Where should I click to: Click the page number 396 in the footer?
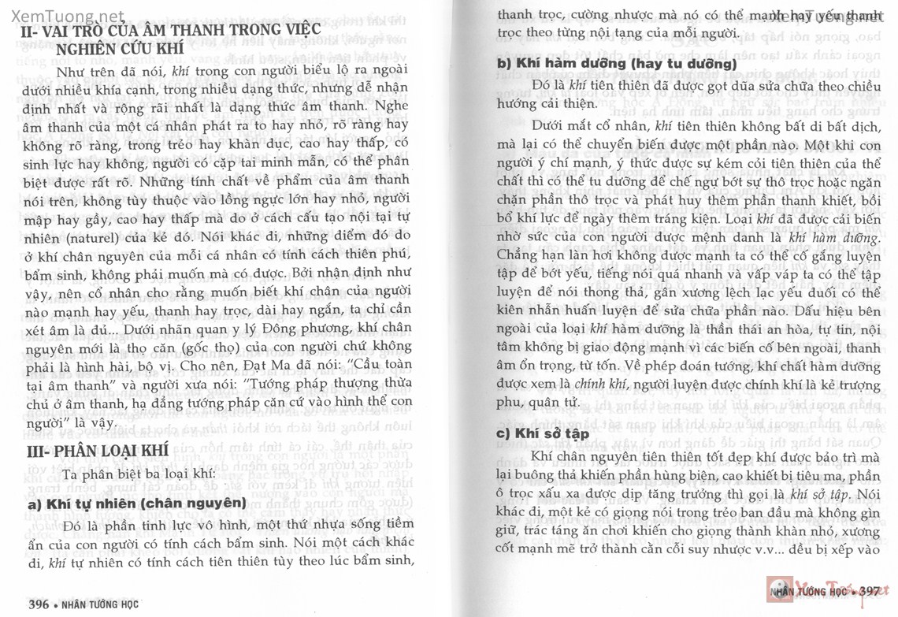tap(39, 604)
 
